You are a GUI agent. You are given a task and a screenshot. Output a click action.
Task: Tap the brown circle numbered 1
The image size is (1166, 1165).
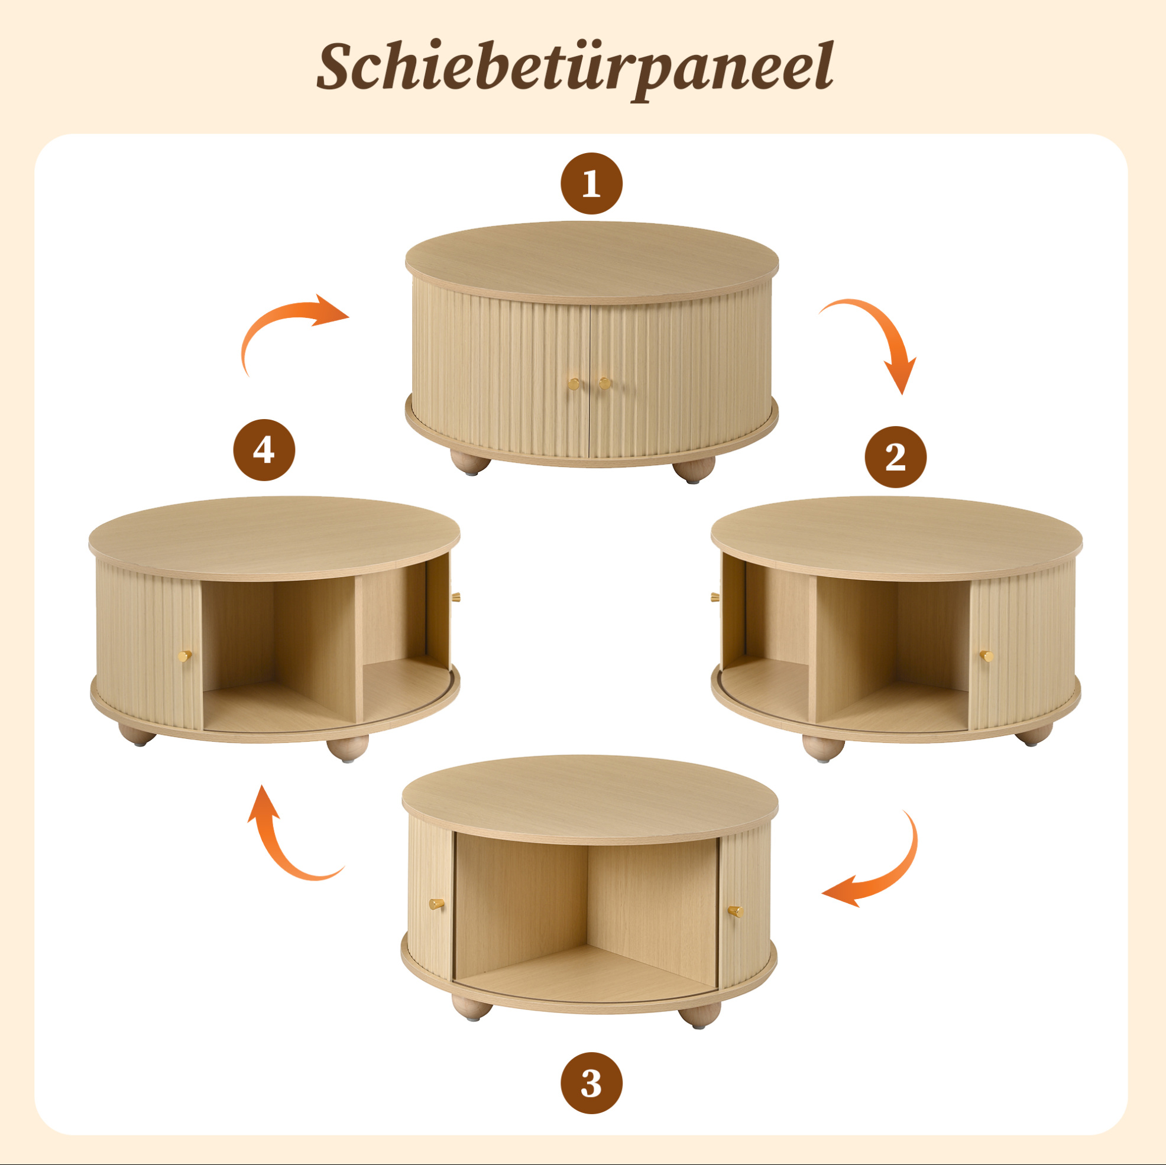(591, 183)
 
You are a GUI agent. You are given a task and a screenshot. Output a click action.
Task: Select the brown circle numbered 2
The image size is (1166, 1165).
(895, 457)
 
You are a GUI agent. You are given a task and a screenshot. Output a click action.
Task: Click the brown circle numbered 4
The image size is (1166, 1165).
(264, 450)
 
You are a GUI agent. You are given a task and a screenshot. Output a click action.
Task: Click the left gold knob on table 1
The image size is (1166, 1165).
(574, 383)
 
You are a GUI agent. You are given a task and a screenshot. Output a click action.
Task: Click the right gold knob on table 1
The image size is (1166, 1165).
(604, 383)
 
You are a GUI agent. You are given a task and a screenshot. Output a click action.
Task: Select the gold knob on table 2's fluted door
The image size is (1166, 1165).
(986, 656)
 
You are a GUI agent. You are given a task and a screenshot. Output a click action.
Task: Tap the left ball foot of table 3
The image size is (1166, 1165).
(472, 1007)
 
